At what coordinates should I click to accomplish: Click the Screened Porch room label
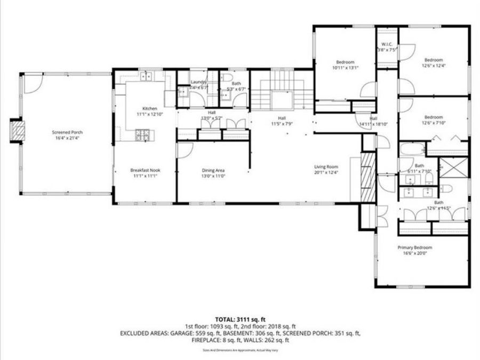[x=67, y=132]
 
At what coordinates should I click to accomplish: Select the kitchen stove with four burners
[x=142, y=135]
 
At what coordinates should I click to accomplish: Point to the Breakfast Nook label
[x=145, y=170]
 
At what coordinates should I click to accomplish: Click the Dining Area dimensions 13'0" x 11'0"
[x=213, y=175]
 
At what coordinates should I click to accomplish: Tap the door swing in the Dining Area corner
[x=185, y=151]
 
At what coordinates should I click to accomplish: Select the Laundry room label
[x=199, y=82]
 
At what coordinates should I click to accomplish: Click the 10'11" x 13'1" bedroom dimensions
[x=345, y=68]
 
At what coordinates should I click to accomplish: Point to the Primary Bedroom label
[x=414, y=247]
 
